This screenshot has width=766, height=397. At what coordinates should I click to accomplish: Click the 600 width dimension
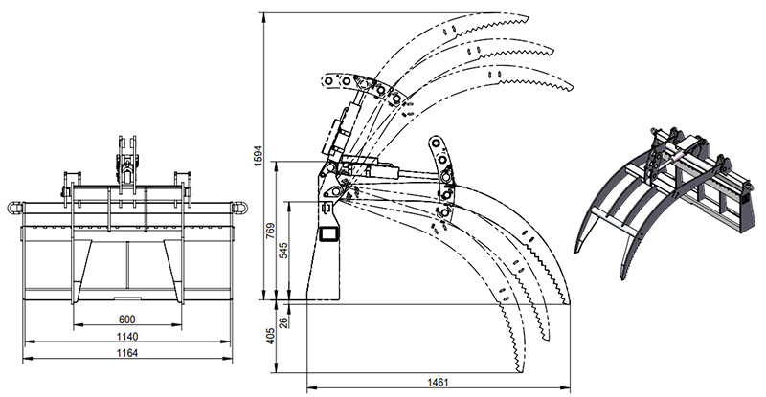[126, 320]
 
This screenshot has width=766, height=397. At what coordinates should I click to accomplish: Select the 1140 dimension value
[126, 337]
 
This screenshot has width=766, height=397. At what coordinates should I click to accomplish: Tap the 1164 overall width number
[126, 353]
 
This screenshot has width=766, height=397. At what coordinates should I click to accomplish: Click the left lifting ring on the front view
[14, 207]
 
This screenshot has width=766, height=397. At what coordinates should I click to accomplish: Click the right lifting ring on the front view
[240, 207]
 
